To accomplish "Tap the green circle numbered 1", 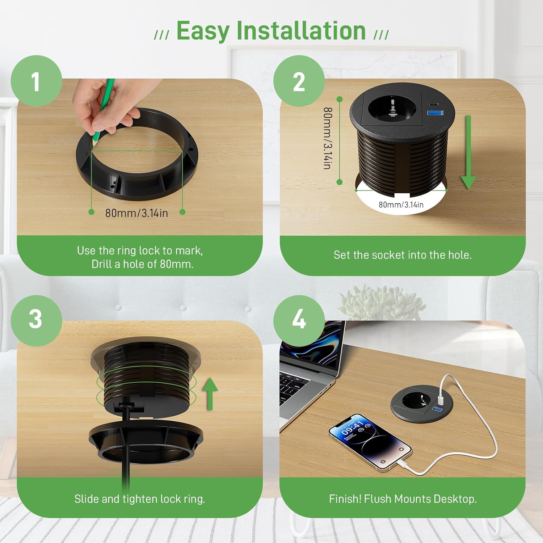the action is (x=36, y=81).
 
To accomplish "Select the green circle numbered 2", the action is (x=299, y=81).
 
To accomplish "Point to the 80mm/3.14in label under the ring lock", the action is (x=136, y=213).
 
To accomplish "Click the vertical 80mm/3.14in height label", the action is (x=327, y=138).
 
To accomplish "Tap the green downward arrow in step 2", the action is (x=468, y=152).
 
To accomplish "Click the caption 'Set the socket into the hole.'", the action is (x=403, y=255).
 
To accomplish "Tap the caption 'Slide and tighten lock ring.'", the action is (x=140, y=499).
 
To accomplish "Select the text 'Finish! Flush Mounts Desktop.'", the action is (x=403, y=499).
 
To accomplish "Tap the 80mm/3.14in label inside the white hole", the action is (x=401, y=205).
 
